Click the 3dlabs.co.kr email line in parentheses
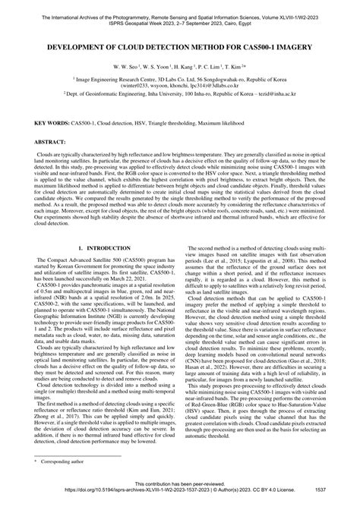click(180, 87)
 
